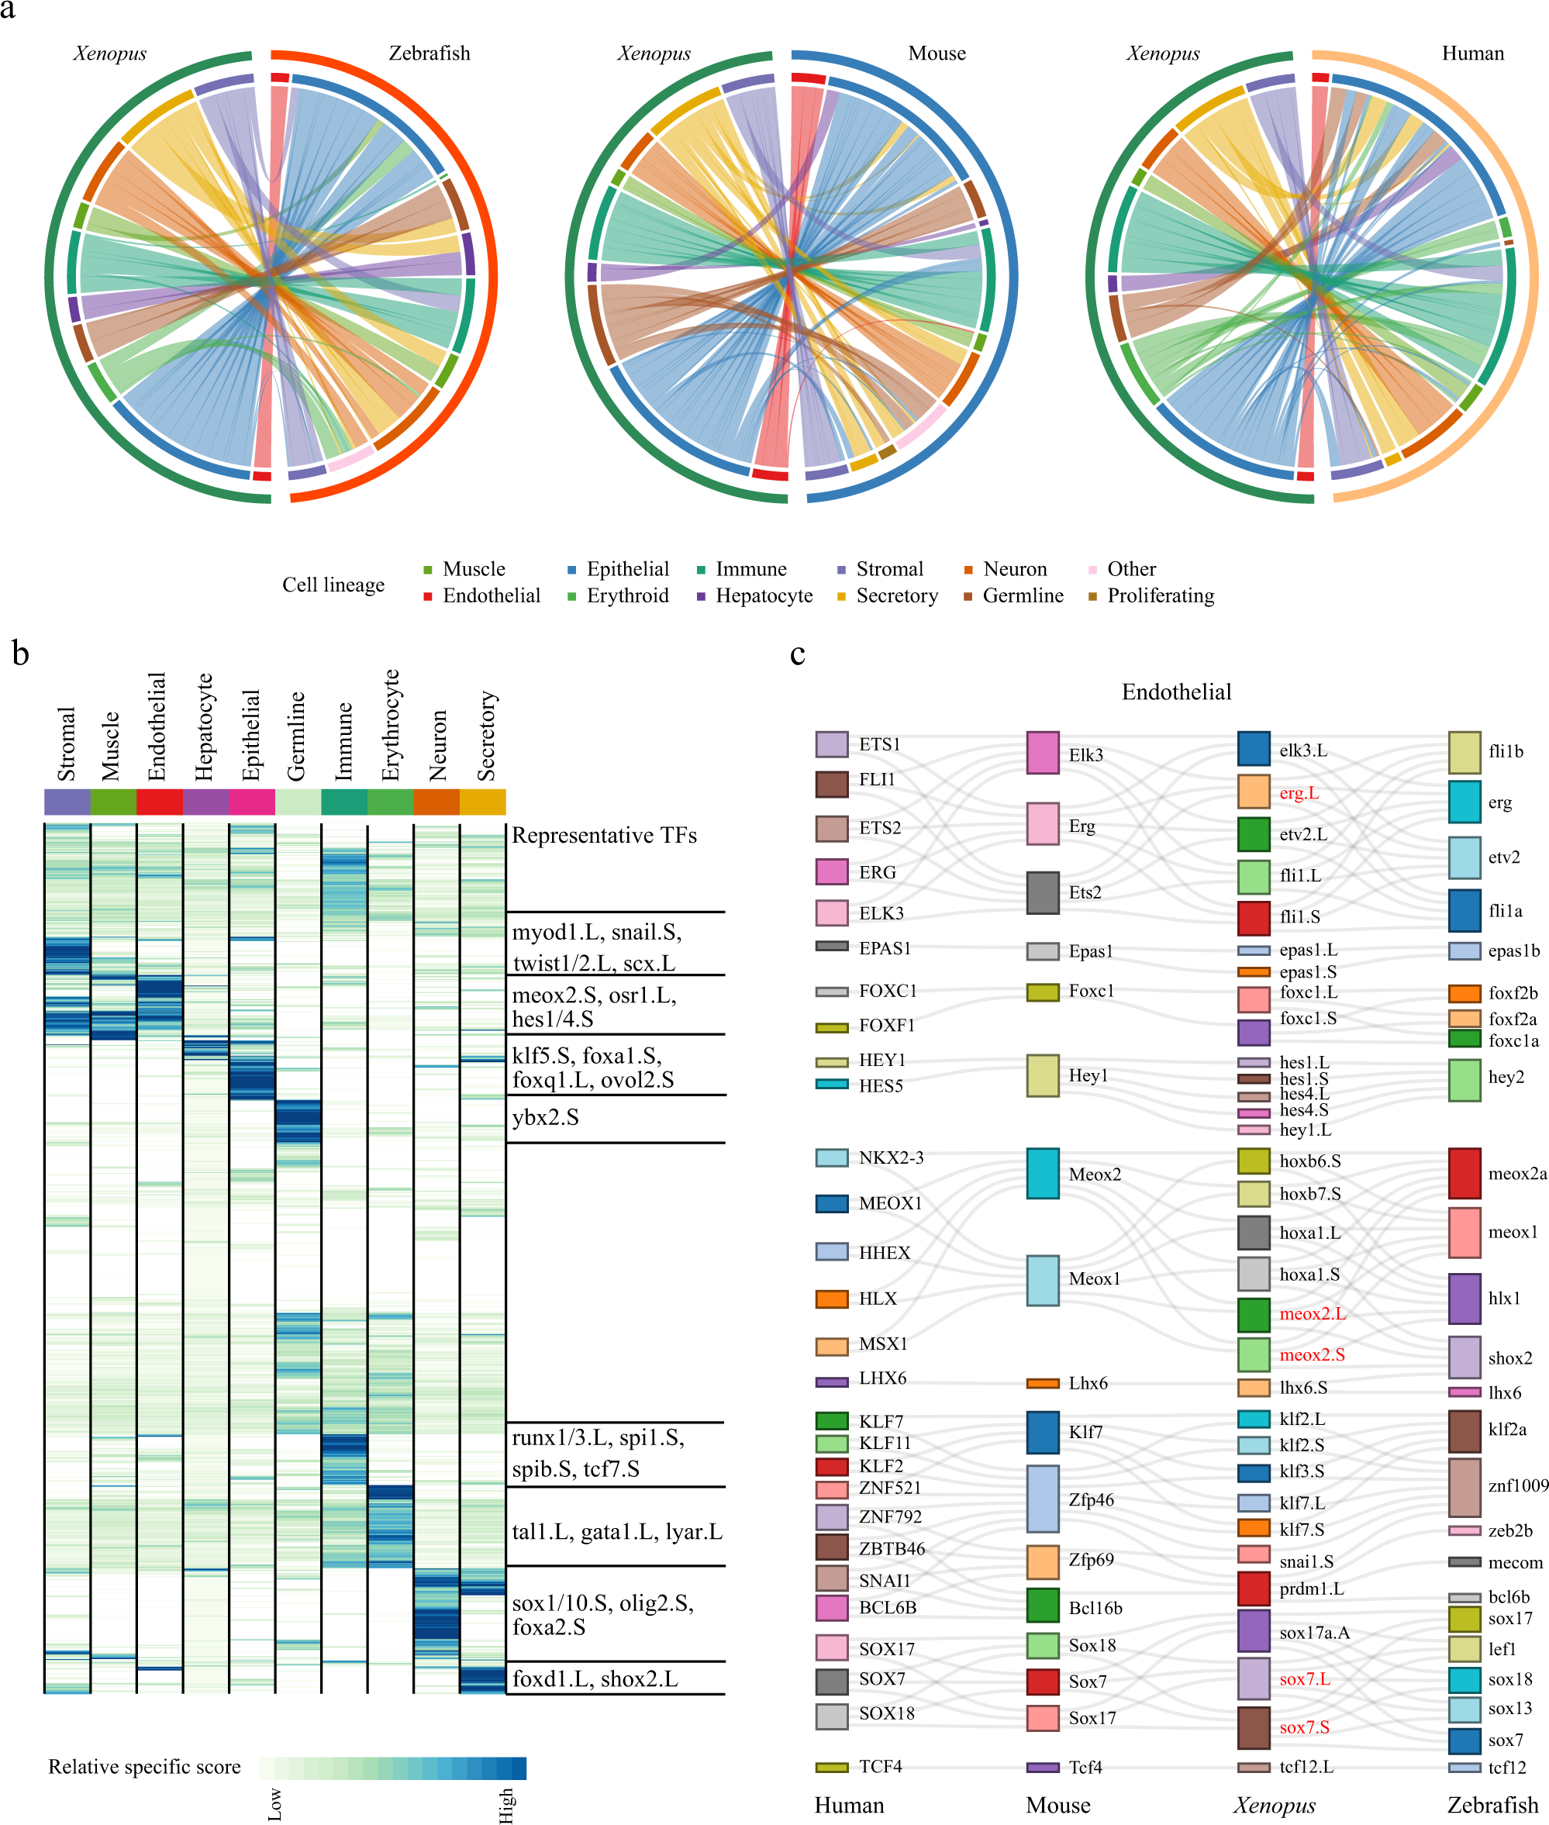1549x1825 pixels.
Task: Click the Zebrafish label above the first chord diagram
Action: (x=430, y=53)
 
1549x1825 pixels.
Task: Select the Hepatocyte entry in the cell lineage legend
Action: (x=763, y=595)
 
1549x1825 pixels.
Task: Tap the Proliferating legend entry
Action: (x=1160, y=595)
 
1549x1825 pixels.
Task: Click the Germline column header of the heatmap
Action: (x=296, y=736)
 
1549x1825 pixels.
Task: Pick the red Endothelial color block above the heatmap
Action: (x=160, y=801)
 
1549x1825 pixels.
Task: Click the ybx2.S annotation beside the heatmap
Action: (x=545, y=1117)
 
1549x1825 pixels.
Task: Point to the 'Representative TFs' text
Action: (x=604, y=835)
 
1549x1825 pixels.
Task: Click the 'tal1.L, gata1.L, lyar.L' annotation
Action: (x=616, y=1532)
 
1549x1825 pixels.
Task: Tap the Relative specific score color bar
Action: (x=392, y=1768)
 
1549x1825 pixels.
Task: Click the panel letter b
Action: (x=20, y=654)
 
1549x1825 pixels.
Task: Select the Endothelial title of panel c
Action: (x=1176, y=692)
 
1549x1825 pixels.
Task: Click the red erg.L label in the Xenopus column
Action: (x=1299, y=793)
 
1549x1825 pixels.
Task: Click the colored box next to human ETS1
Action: (x=832, y=743)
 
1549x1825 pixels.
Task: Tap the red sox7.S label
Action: (x=1304, y=1727)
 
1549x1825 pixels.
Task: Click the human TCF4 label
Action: (x=880, y=1766)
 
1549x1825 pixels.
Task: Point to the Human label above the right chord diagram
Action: (x=1472, y=53)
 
